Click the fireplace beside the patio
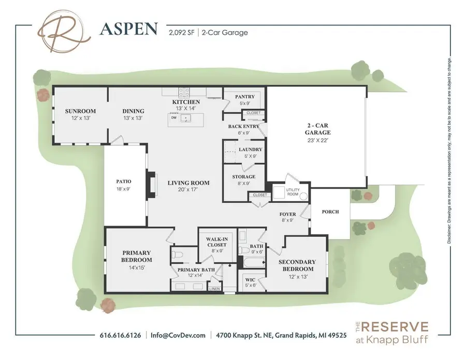(151, 185)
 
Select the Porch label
(329, 211)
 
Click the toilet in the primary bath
(178, 254)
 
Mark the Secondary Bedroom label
(297, 265)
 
